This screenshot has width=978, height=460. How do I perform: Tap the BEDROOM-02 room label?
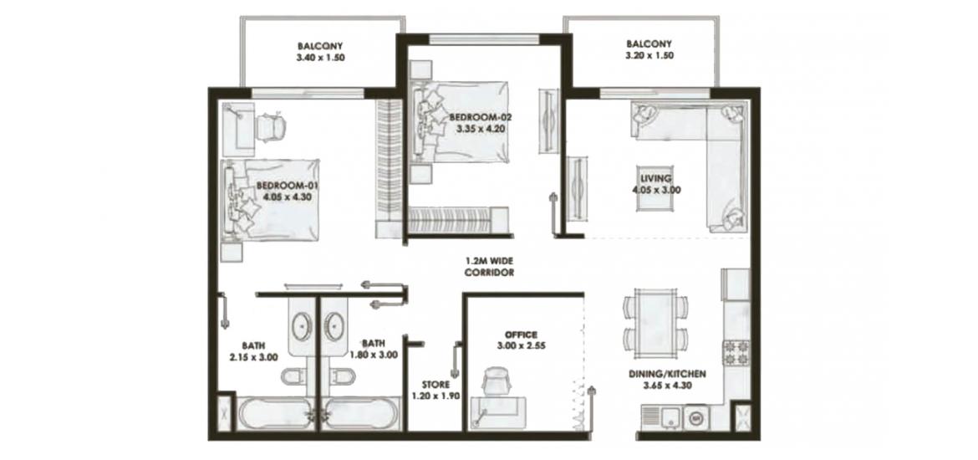[x=476, y=117]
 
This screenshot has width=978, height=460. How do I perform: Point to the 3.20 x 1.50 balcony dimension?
[x=649, y=55]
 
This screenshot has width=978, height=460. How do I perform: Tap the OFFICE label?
[x=522, y=335]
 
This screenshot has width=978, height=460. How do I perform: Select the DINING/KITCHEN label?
[x=667, y=375]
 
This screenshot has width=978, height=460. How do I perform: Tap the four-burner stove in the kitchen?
[x=736, y=353]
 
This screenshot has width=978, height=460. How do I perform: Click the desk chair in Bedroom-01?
[x=272, y=126]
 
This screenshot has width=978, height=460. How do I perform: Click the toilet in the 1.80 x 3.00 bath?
[x=340, y=376]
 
